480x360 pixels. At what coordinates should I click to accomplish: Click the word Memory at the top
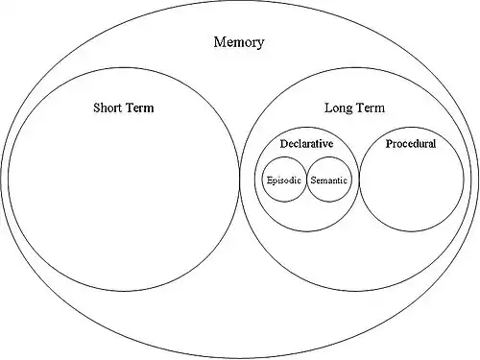[239, 42]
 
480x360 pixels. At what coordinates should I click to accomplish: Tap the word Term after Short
[138, 108]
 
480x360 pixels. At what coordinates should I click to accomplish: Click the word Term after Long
[370, 108]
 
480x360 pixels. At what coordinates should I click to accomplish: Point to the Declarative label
[306, 144]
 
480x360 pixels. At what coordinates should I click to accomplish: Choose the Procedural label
[411, 144]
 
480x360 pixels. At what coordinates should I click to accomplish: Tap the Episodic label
[284, 180]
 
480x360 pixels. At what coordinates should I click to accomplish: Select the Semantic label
[328, 180]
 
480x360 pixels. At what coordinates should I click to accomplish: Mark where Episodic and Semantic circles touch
[306, 180]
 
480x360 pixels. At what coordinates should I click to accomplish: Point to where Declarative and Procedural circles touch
[359, 180]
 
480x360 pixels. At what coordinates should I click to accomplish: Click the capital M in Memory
[219, 42]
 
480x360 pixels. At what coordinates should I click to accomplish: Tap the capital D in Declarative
[284, 144]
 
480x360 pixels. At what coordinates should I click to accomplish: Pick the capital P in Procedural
[389, 144]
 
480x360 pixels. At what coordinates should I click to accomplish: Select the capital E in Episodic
[270, 180]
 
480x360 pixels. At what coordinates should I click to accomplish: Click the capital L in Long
[328, 108]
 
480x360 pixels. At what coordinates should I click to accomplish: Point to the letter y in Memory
[261, 44]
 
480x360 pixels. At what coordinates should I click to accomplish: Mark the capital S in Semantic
[313, 180]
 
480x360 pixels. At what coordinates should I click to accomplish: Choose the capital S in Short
[97, 108]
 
